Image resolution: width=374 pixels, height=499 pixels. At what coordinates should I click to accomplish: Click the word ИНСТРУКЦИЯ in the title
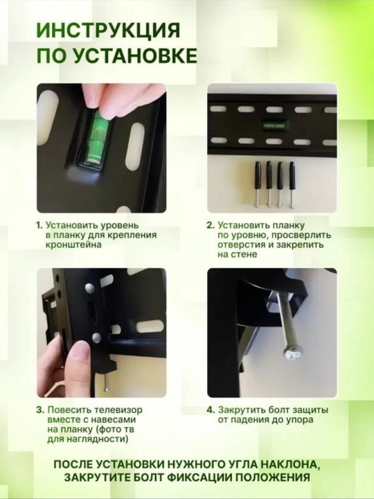[109, 31]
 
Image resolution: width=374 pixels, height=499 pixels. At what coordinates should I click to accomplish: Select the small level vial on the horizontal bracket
[273, 125]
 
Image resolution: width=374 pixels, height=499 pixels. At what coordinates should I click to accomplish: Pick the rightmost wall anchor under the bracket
[292, 184]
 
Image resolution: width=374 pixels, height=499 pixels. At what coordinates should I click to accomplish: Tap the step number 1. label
[39, 225]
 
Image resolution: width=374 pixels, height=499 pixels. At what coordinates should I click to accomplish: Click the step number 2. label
[211, 225]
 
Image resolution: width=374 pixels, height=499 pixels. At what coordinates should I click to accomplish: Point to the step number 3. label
[40, 410]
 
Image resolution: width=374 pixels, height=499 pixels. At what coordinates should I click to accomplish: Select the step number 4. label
[211, 410]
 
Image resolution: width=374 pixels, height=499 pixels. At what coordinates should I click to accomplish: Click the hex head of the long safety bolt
[292, 354]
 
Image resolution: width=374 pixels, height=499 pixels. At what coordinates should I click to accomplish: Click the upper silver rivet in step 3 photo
[90, 288]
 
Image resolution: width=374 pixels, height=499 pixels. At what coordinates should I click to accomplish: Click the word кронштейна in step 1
[73, 245]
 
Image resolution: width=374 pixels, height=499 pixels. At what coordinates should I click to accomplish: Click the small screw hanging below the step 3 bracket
[107, 382]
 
